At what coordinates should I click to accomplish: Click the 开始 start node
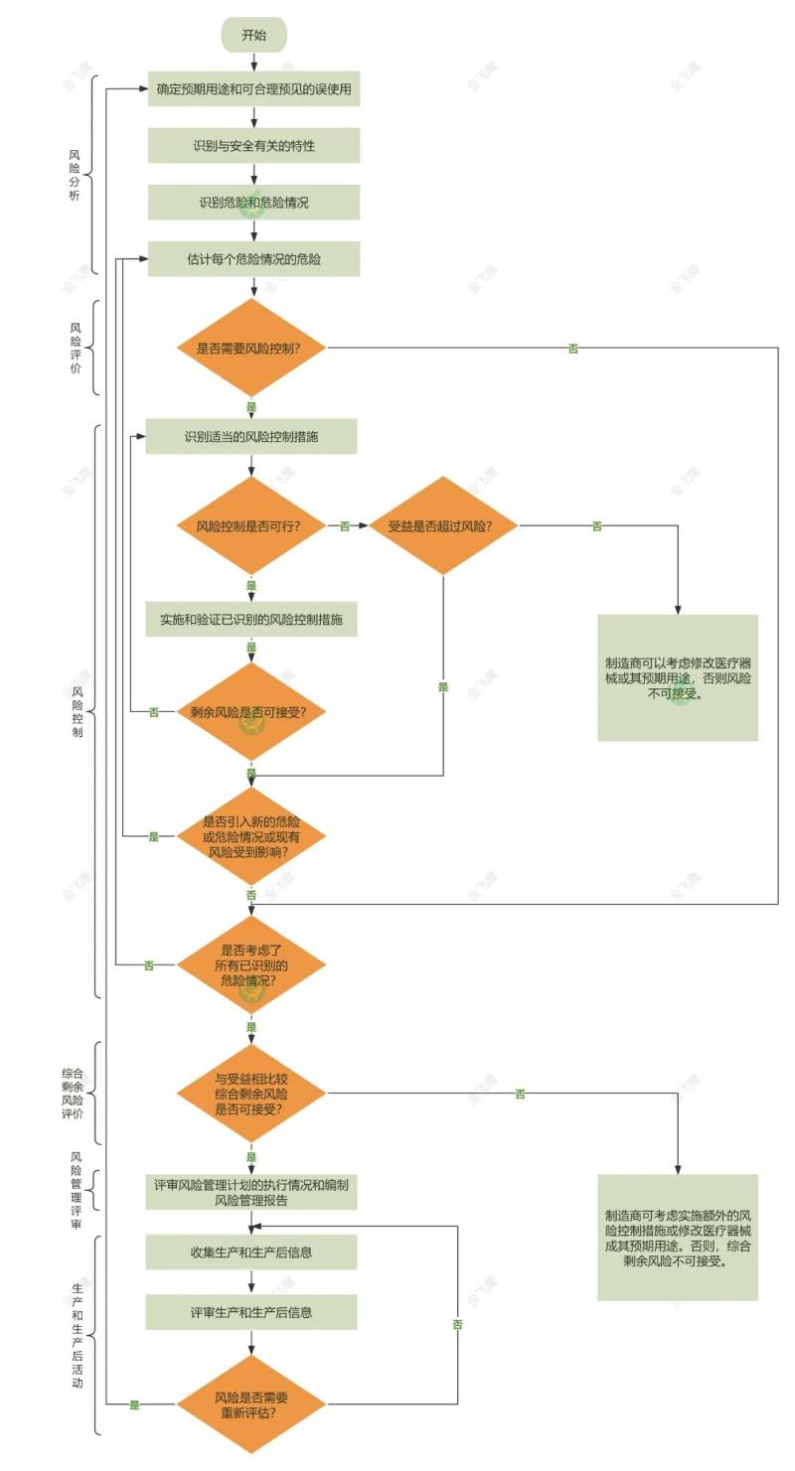(x=253, y=35)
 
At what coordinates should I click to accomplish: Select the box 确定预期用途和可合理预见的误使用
(x=253, y=89)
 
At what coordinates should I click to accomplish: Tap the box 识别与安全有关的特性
(x=253, y=146)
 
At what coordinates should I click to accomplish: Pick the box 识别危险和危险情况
(x=253, y=203)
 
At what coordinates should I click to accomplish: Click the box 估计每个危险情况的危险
(x=253, y=259)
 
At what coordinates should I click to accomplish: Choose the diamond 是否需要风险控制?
(x=251, y=348)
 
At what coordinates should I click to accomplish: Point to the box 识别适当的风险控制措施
(x=251, y=436)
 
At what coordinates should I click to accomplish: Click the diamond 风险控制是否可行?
(x=251, y=525)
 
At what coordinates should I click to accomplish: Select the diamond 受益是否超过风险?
(x=443, y=525)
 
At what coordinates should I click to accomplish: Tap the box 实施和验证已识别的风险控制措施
(x=251, y=619)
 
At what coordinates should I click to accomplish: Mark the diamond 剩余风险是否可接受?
(x=251, y=711)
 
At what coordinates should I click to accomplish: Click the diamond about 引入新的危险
(x=251, y=836)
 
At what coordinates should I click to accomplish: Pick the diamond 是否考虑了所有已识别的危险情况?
(x=251, y=964)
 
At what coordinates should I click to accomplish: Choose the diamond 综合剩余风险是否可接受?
(x=251, y=1094)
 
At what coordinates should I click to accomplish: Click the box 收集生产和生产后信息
(x=251, y=1252)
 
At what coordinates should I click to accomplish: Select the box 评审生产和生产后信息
(x=251, y=1312)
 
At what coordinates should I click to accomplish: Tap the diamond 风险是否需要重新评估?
(x=251, y=1404)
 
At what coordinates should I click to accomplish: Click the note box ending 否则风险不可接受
(x=678, y=677)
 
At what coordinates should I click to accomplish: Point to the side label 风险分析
(x=75, y=175)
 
